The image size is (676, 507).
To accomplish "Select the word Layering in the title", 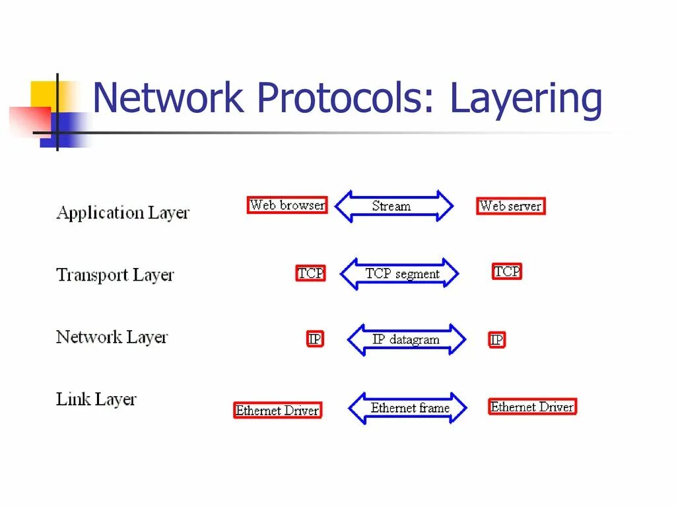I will pos(526,100).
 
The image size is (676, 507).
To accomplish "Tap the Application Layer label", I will pos(123,213).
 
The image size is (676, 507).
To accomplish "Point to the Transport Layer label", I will pos(115,275).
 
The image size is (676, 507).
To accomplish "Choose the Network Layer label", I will pos(112,337).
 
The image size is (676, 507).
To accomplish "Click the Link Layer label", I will pos(96,399).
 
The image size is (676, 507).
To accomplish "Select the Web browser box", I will pos(287,205).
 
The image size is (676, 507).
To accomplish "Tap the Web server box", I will pos(510,206).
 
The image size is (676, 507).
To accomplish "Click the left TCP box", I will pos(310,273).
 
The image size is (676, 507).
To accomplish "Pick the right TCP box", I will pos(507,271).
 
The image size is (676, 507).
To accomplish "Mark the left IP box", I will pos(315,339).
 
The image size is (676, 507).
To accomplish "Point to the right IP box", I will pos(496,340).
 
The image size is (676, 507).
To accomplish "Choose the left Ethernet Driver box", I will pos(277,411).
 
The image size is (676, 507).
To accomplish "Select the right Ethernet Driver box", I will pos(532,407).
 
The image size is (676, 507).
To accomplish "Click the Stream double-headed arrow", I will pos(394,206).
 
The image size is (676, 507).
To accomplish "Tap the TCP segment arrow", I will pos(399,273).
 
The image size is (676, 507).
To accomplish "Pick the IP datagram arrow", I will pos(406,340).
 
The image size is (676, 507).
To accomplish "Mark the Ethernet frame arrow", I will pos(407,408).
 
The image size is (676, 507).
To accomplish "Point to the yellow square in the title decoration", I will pos(44,94).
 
